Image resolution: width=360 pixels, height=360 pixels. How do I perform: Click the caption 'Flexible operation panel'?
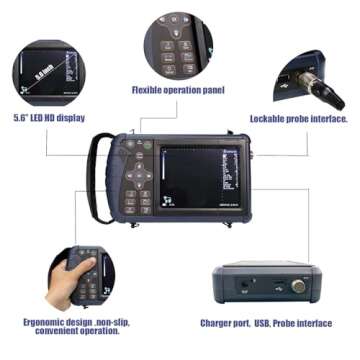[178, 89]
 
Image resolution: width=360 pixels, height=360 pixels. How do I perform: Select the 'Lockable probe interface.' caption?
[298, 118]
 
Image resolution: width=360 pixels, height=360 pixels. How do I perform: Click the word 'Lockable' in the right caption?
[267, 118]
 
